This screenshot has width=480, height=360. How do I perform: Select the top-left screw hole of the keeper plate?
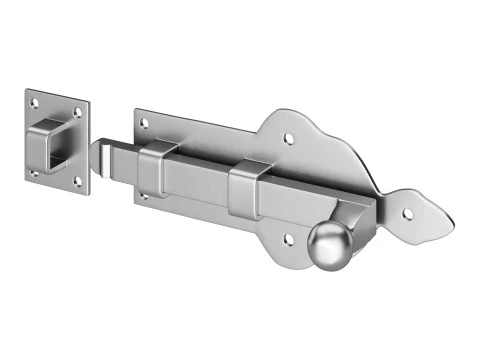tap(34, 101)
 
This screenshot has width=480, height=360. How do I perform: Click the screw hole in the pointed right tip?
tap(408, 210)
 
